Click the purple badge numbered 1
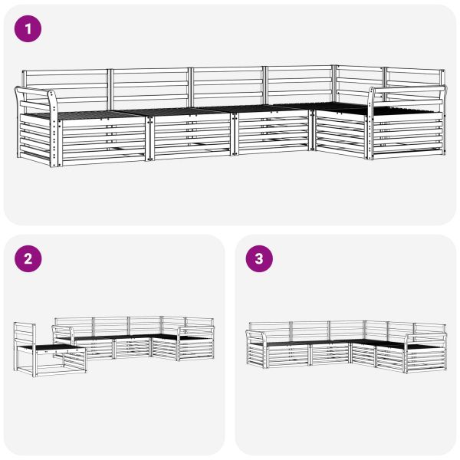pyautogui.click(x=28, y=29)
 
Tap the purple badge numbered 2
pyautogui.click(x=28, y=259)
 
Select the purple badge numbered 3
pyautogui.click(x=258, y=259)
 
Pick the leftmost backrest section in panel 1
pyautogui.click(x=66, y=88)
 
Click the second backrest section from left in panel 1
pyautogui.click(x=150, y=87)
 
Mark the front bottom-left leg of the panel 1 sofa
pyautogui.click(x=57, y=161)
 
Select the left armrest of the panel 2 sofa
pyautogui.click(x=63, y=330)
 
